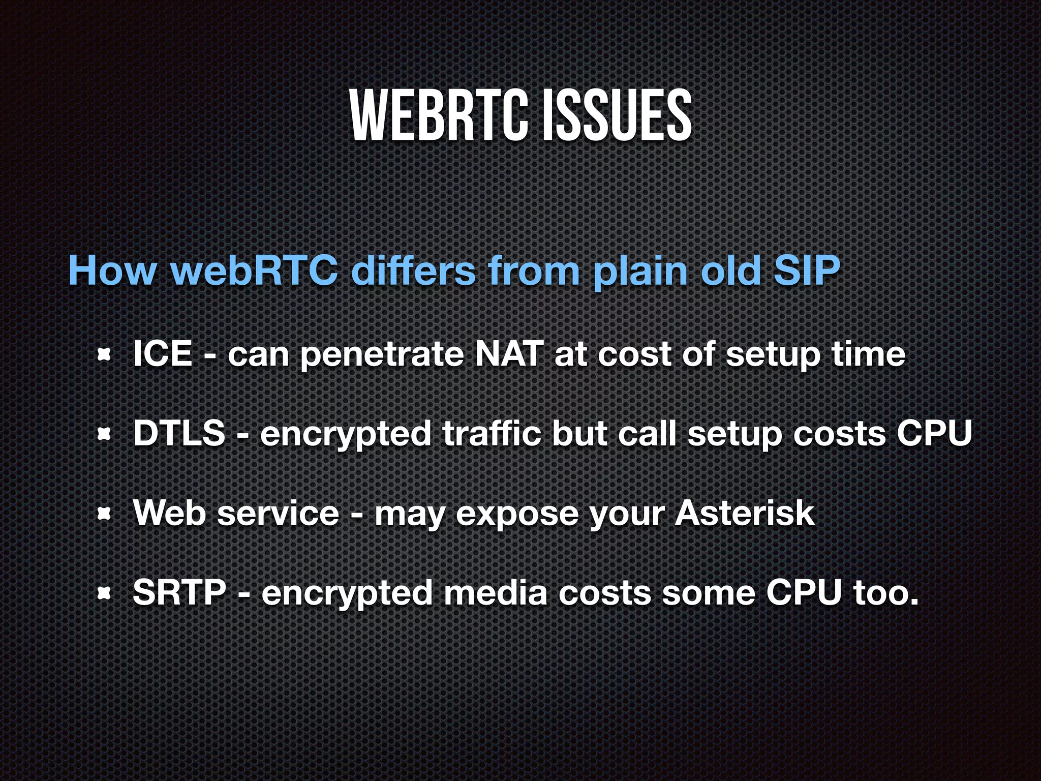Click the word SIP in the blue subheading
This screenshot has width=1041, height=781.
point(807,271)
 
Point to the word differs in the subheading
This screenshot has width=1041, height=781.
point(413,271)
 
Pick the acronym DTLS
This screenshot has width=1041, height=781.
point(179,433)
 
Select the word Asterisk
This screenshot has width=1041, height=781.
point(745,513)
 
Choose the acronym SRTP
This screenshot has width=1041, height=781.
point(179,592)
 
